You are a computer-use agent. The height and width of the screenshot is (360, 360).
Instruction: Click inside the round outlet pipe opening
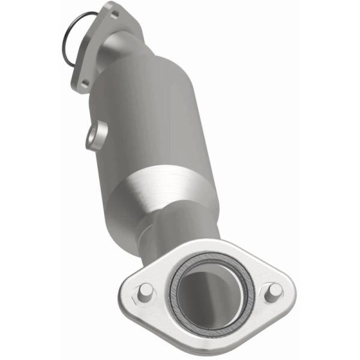(x=210, y=289)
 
